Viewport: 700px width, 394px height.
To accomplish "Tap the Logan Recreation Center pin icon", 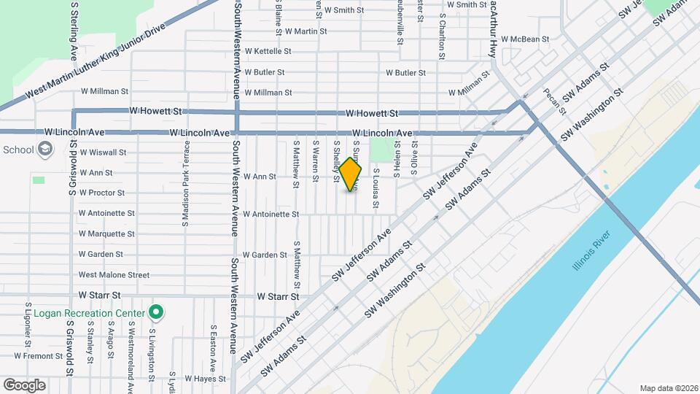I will (x=155, y=312).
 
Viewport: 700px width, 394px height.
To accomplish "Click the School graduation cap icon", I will (x=45, y=150).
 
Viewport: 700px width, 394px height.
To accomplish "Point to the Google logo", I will (x=24, y=385).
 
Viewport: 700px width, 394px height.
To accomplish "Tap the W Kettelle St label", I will (x=268, y=52).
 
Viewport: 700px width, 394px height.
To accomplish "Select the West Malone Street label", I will (x=114, y=275).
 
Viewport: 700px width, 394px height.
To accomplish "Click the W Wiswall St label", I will (x=103, y=152).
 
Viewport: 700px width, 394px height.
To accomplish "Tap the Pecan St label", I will (x=555, y=101).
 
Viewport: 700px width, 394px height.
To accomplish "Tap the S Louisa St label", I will (x=376, y=188).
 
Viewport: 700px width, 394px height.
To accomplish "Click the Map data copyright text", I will (x=668, y=387).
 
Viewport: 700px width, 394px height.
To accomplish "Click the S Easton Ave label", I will (x=213, y=348).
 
